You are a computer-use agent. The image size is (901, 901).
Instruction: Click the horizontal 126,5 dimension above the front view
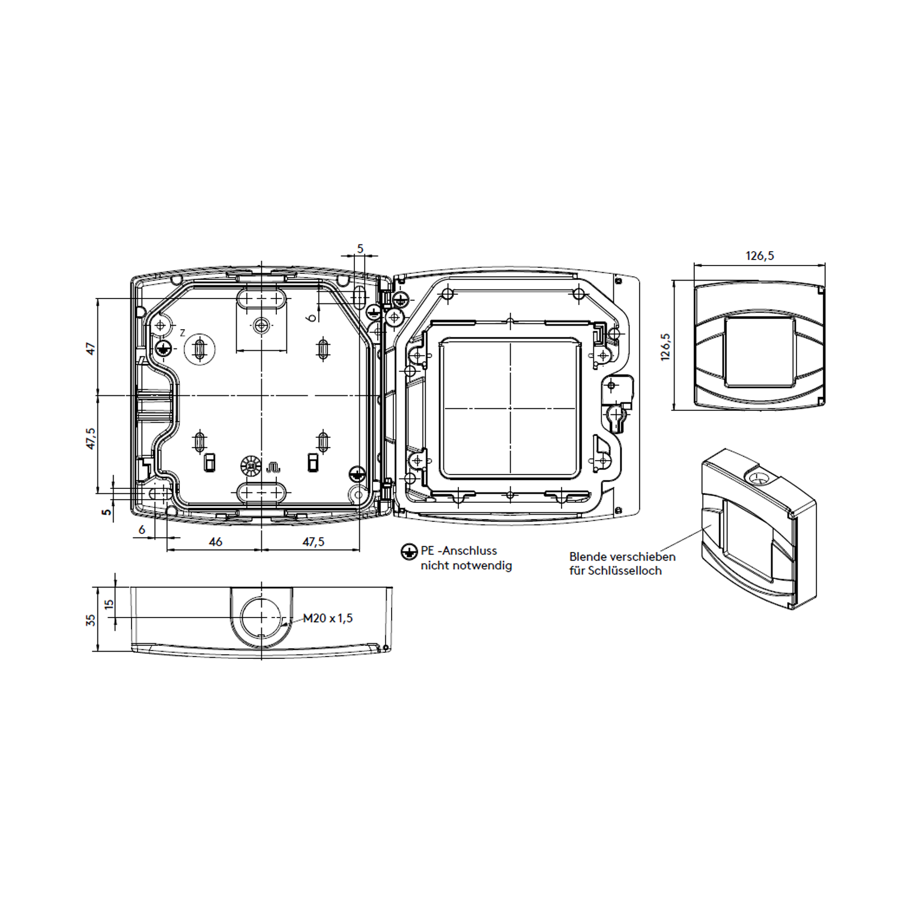[760, 256]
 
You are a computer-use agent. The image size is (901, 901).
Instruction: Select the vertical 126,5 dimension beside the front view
[666, 347]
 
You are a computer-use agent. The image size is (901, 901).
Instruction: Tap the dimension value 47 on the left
[90, 348]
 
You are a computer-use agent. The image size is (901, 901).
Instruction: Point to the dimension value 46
[216, 542]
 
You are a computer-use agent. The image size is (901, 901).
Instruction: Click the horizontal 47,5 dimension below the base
[313, 542]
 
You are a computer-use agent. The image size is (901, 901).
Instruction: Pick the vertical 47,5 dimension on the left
[90, 438]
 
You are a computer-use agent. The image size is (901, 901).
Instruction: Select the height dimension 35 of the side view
[91, 620]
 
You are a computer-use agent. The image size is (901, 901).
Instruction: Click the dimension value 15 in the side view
[109, 604]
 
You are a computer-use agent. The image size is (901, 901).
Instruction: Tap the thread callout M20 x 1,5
[327, 618]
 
